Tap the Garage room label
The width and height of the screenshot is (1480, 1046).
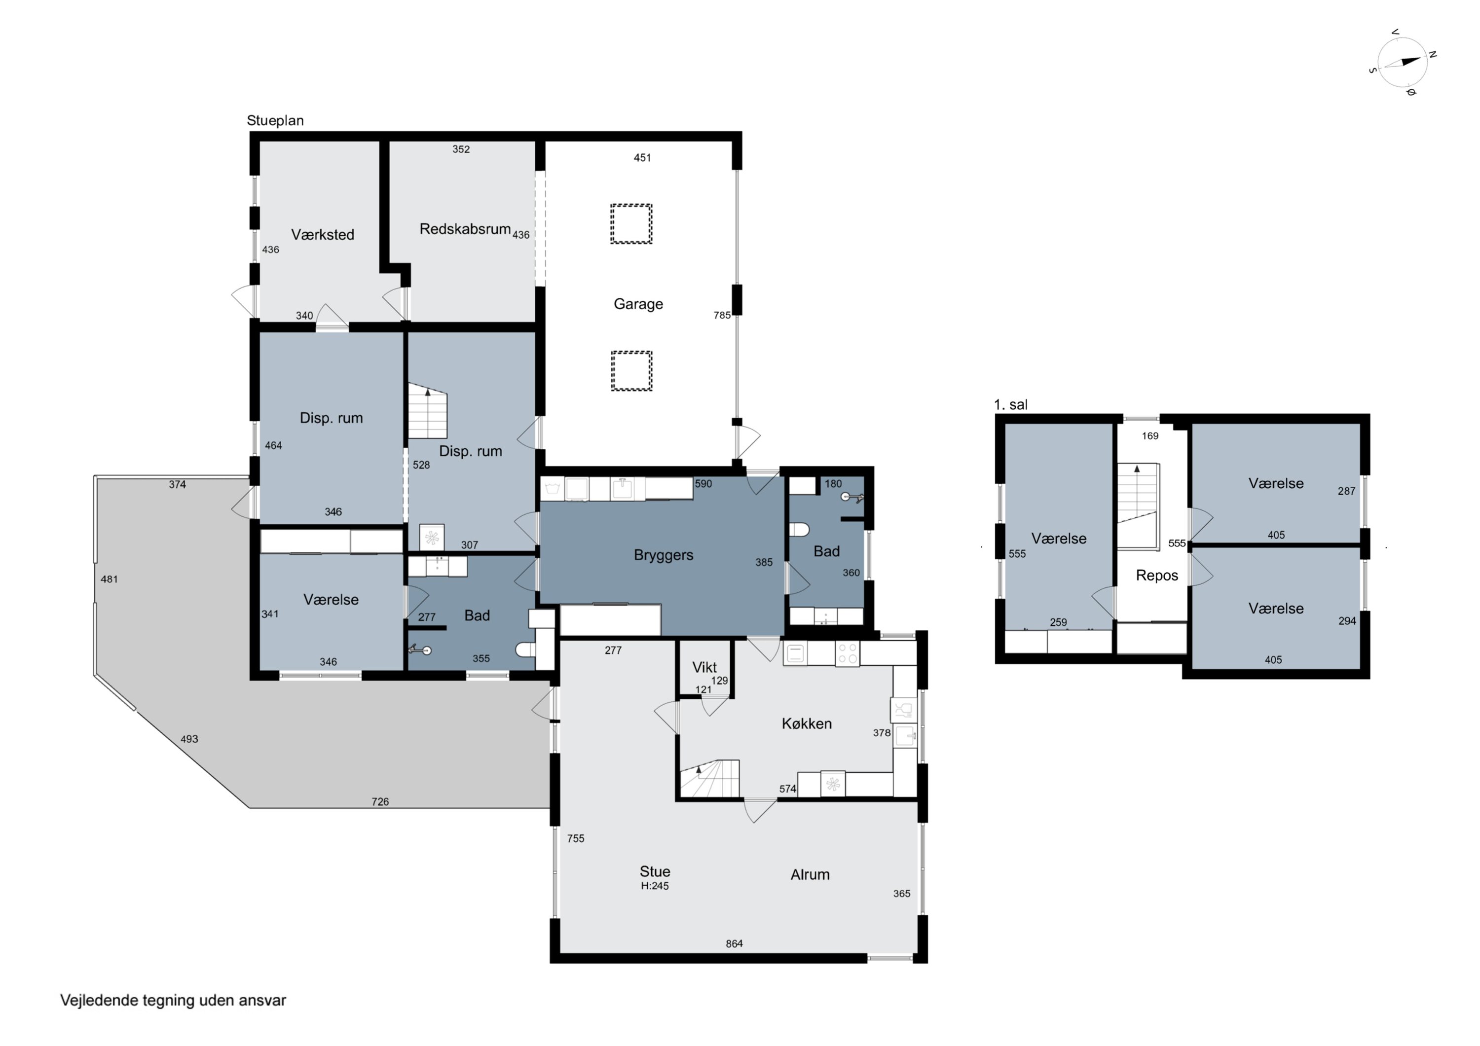[638, 304]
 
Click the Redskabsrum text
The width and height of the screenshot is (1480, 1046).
[465, 229]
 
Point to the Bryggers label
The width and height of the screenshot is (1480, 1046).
[664, 555]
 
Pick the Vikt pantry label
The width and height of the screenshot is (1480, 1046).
[704, 668]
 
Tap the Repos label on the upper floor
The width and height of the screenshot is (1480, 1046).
[1156, 576]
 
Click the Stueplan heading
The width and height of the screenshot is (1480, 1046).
[275, 120]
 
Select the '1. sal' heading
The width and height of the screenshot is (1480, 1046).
[1011, 405]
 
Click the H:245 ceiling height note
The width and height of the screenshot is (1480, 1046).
[655, 886]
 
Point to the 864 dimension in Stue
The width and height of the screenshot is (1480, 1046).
[734, 943]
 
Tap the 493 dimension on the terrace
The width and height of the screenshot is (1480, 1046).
[189, 739]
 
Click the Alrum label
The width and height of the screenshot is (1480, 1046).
[810, 874]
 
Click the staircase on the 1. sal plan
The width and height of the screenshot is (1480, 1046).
[1138, 506]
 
